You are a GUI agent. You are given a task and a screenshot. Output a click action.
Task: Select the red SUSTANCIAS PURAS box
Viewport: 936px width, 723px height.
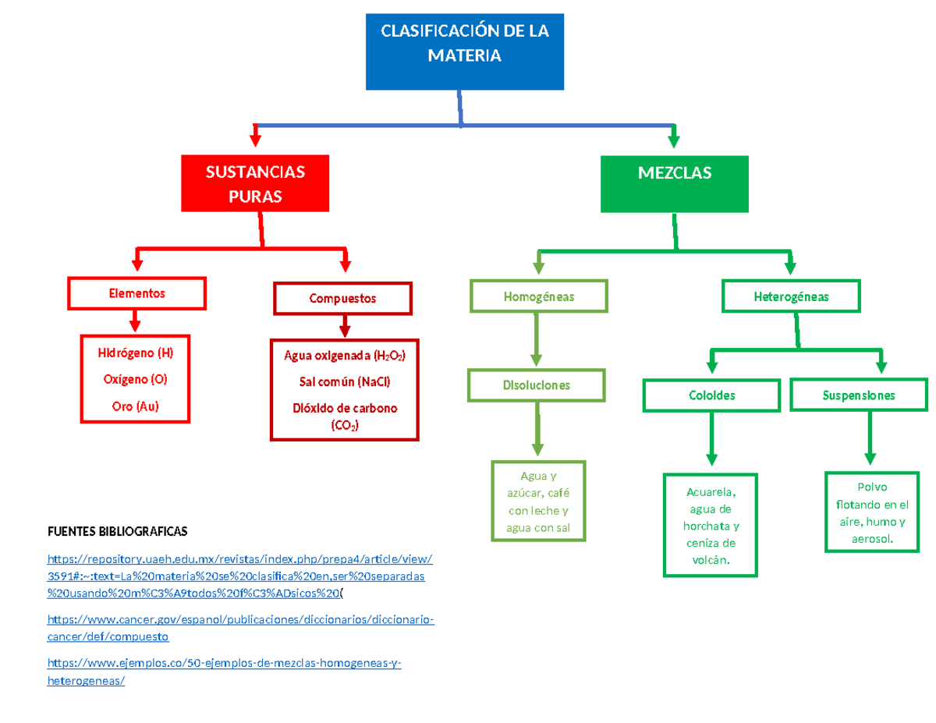pyautogui.click(x=255, y=183)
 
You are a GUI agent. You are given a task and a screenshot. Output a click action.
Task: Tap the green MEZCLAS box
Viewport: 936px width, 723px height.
pyautogui.click(x=674, y=183)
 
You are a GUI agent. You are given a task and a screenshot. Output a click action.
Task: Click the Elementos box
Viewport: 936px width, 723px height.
pyautogui.click(x=137, y=293)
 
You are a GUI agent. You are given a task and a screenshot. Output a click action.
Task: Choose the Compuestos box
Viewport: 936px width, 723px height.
pyautogui.click(x=342, y=298)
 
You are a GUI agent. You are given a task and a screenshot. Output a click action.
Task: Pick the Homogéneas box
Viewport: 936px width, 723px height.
pyautogui.click(x=538, y=296)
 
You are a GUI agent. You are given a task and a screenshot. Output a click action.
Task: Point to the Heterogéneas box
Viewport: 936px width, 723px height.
pyautogui.click(x=791, y=296)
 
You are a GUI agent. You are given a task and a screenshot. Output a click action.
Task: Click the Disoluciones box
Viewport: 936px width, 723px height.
pyautogui.click(x=536, y=385)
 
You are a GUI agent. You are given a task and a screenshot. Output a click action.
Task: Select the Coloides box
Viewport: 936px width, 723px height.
pyautogui.click(x=711, y=395)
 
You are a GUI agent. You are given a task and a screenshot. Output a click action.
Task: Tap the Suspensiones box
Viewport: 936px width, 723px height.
pyautogui.click(x=858, y=395)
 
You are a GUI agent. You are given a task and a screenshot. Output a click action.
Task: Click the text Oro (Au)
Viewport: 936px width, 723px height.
pyautogui.click(x=135, y=406)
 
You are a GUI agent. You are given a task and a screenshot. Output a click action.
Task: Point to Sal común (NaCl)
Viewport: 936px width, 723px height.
pyautogui.click(x=345, y=382)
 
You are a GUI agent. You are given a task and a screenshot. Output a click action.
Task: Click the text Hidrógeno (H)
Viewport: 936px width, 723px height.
pyautogui.click(x=135, y=353)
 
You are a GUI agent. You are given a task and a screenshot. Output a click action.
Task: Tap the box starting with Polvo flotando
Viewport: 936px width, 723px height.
pyautogui.click(x=871, y=511)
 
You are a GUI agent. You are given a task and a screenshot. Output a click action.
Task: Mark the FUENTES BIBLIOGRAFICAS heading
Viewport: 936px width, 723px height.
pyautogui.click(x=118, y=531)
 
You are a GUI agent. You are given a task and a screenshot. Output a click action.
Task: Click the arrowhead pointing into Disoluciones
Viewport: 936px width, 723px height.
pyautogui.click(x=536, y=360)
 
